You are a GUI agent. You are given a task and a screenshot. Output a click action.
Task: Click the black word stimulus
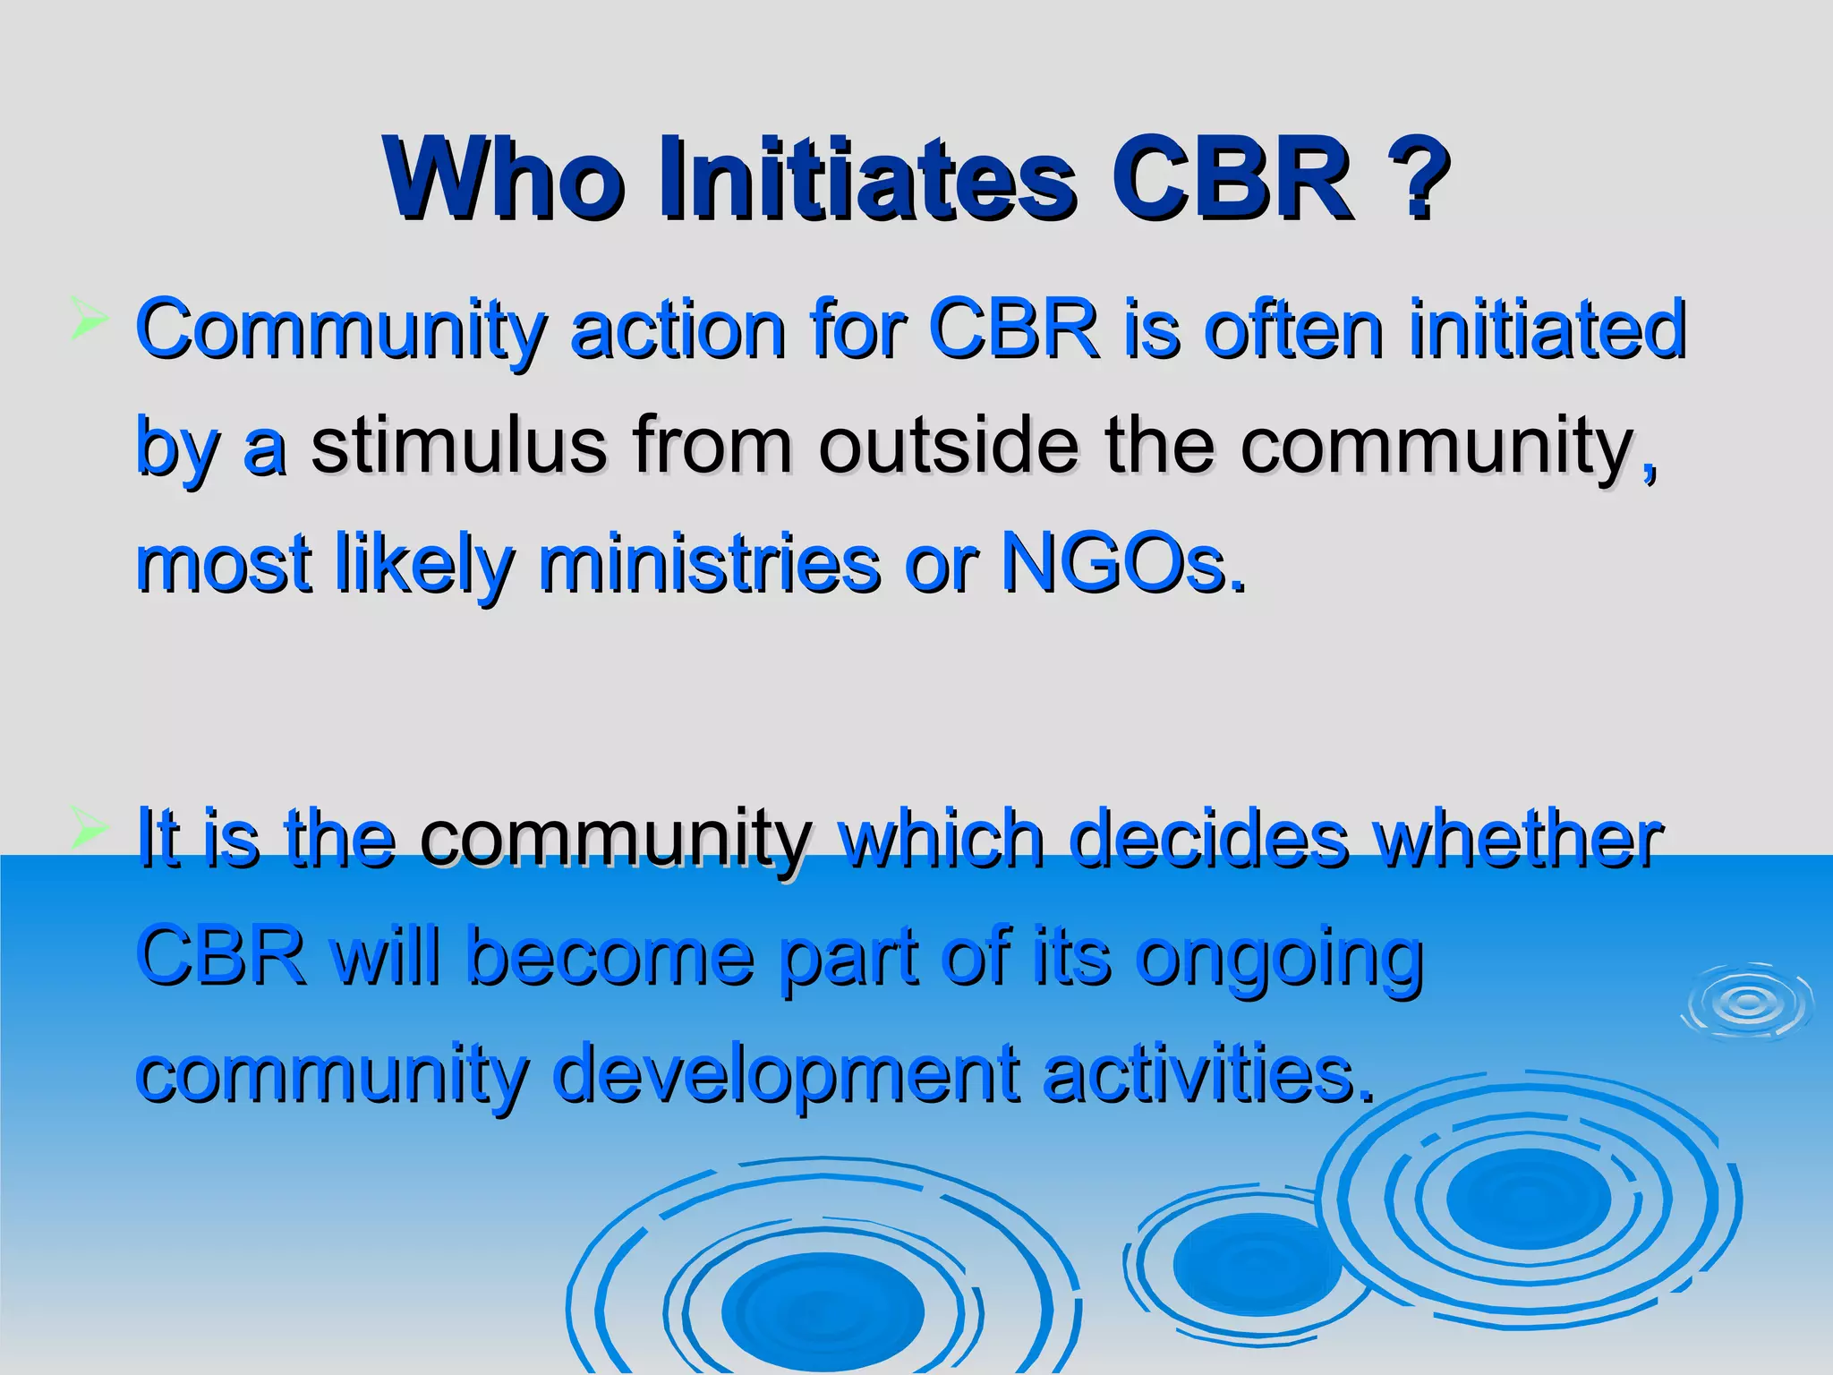[x=458, y=446]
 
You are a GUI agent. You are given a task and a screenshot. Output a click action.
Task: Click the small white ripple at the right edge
[x=1748, y=1001]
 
